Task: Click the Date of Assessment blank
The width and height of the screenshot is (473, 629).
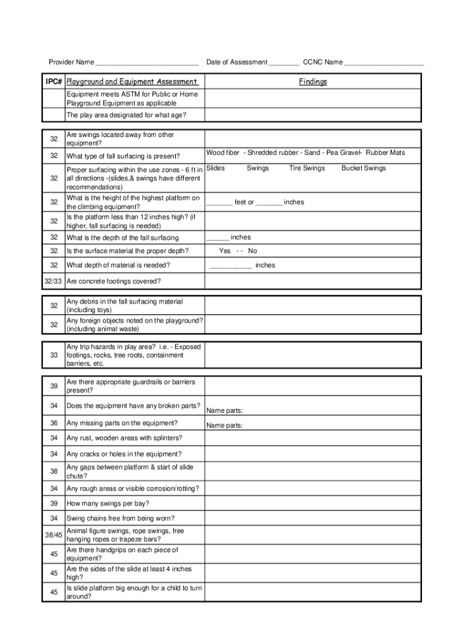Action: [x=284, y=63]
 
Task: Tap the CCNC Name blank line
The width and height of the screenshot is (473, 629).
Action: [x=384, y=63]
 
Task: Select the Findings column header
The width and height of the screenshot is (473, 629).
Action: [x=313, y=82]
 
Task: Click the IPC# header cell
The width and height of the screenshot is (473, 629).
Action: [x=54, y=82]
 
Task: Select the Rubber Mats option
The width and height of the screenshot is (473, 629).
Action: [x=385, y=152]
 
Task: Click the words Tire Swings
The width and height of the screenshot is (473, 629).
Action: [x=307, y=168]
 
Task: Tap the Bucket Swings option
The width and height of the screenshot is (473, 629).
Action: [x=364, y=168]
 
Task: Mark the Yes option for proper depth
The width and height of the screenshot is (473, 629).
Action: [x=225, y=251]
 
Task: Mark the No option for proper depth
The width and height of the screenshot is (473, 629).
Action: [x=252, y=251]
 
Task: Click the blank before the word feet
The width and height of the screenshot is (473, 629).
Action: [x=219, y=202]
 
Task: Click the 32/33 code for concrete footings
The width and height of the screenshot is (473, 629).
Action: [x=53, y=281]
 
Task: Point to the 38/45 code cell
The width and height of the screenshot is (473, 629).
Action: [x=54, y=535]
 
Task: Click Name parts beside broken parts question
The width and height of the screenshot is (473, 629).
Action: [x=225, y=410]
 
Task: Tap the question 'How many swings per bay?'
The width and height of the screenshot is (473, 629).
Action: [x=107, y=503]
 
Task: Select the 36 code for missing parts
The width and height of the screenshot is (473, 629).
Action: [x=54, y=423]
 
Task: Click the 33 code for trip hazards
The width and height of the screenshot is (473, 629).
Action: [x=54, y=355]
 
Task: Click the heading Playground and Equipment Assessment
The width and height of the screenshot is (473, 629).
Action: [x=131, y=82]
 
